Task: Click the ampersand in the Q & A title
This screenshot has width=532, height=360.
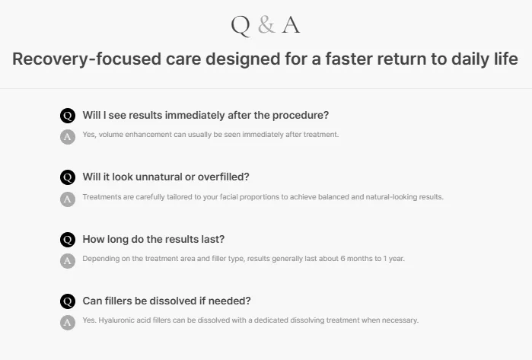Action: tap(266, 25)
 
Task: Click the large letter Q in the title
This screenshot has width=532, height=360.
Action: tap(241, 26)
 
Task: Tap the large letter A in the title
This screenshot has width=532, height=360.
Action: tap(291, 25)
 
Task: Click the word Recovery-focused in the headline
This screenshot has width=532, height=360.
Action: tap(87, 59)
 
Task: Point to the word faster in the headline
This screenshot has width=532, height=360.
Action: tap(349, 59)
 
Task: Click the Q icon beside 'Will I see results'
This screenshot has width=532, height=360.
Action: tap(68, 116)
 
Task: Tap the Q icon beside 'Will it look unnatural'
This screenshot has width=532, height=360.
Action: tap(68, 177)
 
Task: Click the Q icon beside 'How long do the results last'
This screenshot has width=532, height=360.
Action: tap(68, 240)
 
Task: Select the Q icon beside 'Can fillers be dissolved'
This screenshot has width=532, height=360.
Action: tap(68, 301)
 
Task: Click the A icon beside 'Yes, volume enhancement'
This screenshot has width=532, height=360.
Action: tap(68, 137)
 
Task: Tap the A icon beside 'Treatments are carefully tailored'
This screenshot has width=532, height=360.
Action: tap(68, 199)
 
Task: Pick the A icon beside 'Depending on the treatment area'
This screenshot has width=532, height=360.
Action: tap(68, 261)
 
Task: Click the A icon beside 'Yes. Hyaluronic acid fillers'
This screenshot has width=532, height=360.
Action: tap(68, 323)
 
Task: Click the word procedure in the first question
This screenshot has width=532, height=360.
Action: tap(301, 116)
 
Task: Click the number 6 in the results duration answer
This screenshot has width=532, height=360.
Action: tap(342, 259)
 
